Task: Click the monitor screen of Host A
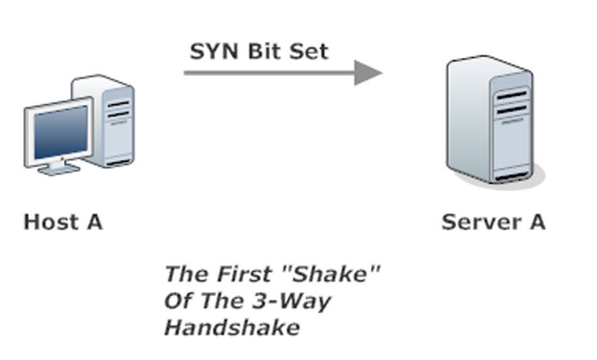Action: [x=60, y=132]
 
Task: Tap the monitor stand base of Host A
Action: [x=58, y=168]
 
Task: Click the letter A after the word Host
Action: [x=92, y=222]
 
